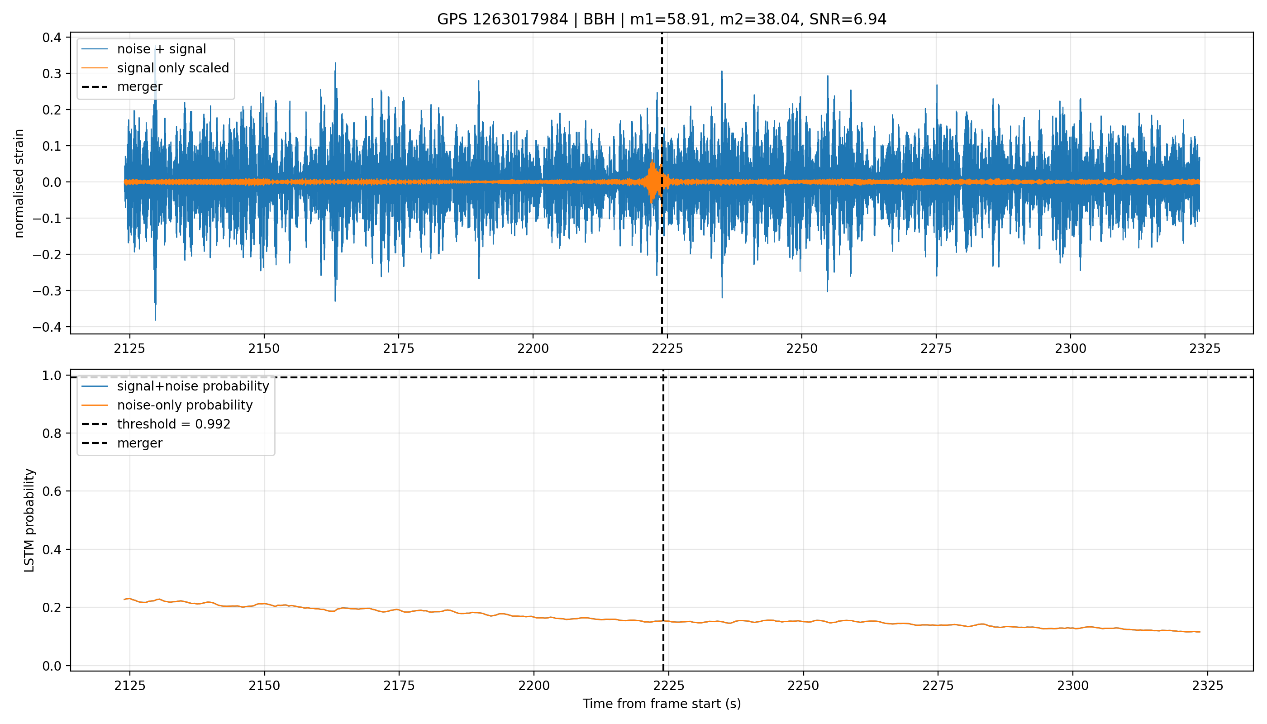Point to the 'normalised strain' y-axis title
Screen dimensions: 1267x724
tap(19, 183)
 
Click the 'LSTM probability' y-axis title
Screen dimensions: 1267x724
tap(29, 520)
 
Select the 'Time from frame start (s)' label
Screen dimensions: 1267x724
tap(662, 704)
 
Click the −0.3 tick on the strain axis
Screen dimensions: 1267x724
tap(47, 291)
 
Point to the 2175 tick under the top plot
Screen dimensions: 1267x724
tap(398, 348)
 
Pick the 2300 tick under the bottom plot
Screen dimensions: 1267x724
tap(1072, 686)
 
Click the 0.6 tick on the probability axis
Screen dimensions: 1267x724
tap(52, 491)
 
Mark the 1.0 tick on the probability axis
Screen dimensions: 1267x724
tap(52, 376)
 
